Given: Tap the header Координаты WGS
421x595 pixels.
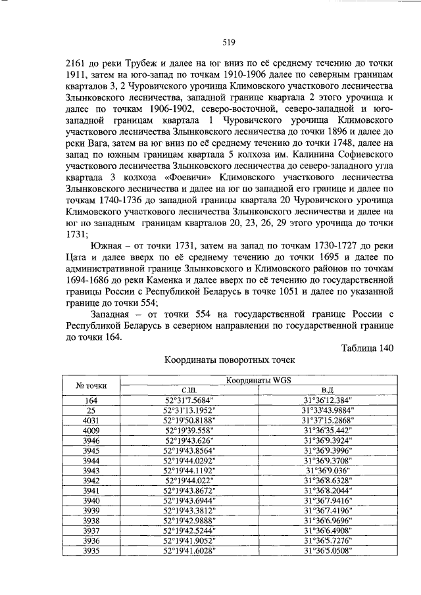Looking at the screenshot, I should pyautogui.click(x=259, y=381).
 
